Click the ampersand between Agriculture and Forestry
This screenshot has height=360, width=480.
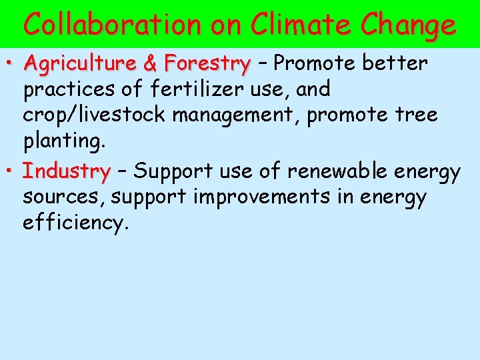151,64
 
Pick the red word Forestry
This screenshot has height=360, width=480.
207,64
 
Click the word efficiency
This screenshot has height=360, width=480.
75,223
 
